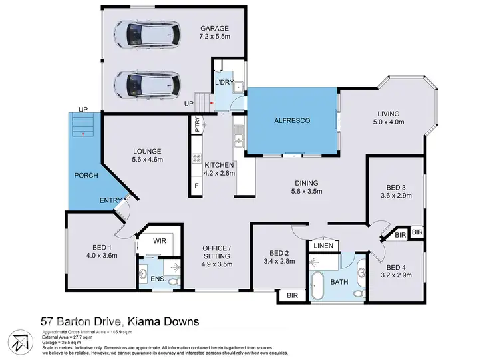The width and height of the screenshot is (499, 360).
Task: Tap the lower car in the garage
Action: (147, 84)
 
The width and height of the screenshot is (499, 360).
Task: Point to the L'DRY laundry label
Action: (222, 82)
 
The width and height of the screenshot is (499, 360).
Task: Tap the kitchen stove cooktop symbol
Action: (197, 158)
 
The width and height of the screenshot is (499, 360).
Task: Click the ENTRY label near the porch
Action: (110, 200)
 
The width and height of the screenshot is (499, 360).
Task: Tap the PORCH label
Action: (87, 176)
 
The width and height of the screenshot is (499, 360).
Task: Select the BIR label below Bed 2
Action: (291, 295)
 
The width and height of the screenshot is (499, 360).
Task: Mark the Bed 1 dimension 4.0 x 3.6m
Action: (101, 254)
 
